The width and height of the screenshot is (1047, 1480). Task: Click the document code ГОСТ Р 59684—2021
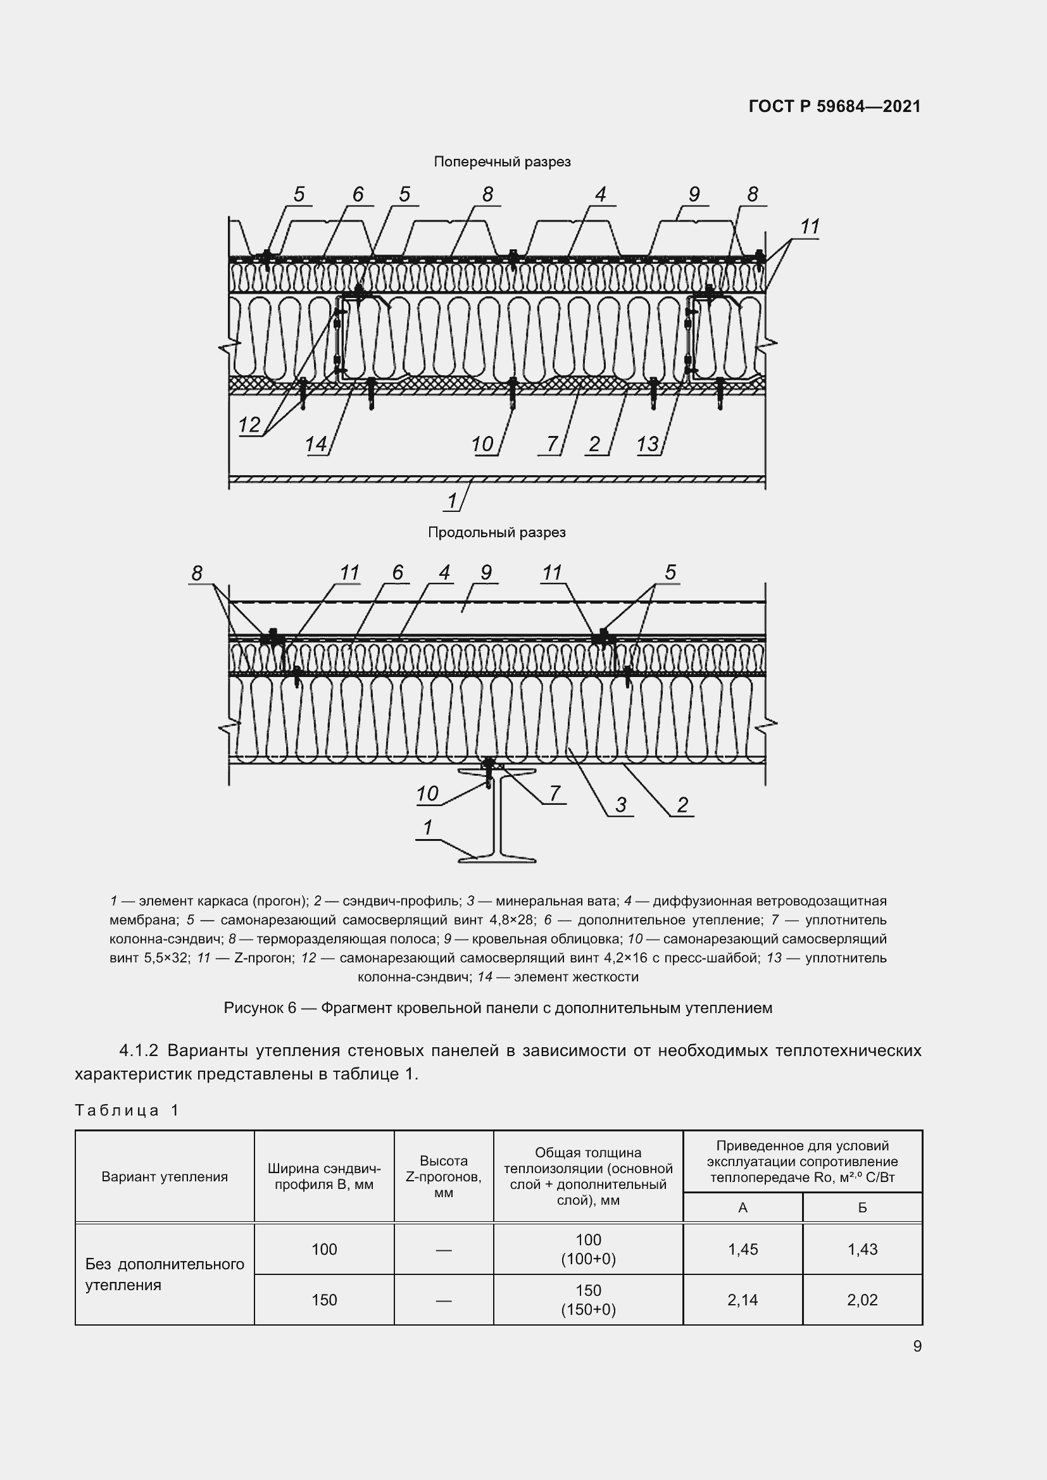pyautogui.click(x=834, y=106)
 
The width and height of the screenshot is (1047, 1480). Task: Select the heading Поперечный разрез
pyautogui.click(x=501, y=162)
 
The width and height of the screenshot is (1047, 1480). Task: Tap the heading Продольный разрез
pyautogui.click(x=496, y=532)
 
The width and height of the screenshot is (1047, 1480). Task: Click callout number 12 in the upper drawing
pyautogui.click(x=249, y=425)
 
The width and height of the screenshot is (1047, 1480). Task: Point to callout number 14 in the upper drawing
pyautogui.click(x=315, y=444)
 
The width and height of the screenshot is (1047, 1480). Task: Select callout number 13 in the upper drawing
pyautogui.click(x=648, y=444)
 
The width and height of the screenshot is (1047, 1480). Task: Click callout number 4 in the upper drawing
pyautogui.click(x=600, y=194)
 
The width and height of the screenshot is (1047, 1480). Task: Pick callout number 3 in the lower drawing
pyautogui.click(x=620, y=804)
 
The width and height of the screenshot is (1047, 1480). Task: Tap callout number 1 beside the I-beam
pyautogui.click(x=427, y=828)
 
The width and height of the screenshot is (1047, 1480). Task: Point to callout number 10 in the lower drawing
pyautogui.click(x=427, y=793)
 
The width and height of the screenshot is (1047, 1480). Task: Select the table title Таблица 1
pyautogui.click(x=127, y=1110)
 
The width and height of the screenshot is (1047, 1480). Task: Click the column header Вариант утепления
pyautogui.click(x=165, y=1176)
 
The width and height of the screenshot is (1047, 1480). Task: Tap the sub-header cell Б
pyautogui.click(x=862, y=1207)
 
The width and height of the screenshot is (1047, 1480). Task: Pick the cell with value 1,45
pyautogui.click(x=743, y=1249)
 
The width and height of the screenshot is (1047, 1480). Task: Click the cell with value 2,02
pyautogui.click(x=862, y=1300)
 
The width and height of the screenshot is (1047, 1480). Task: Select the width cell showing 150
pyautogui.click(x=323, y=1300)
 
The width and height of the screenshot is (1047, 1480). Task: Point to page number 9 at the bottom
pyautogui.click(x=917, y=1346)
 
